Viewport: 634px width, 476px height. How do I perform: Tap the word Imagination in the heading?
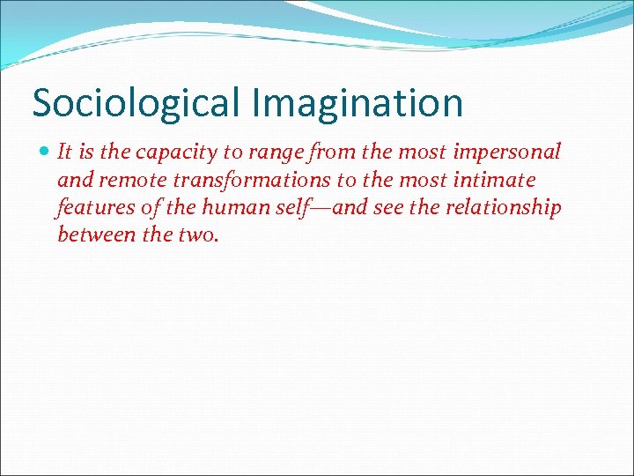tap(357, 103)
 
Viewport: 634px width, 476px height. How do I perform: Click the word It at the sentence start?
tap(64, 152)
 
